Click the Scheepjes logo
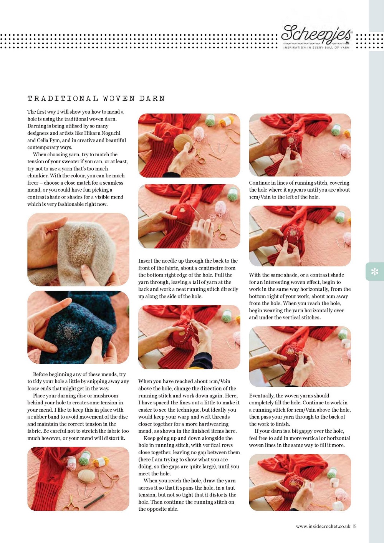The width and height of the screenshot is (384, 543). point(316,36)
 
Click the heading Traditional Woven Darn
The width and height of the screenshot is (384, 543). point(96,98)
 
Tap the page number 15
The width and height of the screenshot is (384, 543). point(354,526)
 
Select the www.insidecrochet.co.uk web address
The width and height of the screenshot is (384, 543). point(323,526)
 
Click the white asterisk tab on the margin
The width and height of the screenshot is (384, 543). point(374,271)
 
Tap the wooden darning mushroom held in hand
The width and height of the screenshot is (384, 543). point(183,143)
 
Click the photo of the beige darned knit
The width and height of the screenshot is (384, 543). point(78,250)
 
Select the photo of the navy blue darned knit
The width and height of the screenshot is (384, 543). point(78,327)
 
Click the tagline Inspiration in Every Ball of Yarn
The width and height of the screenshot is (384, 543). point(316,48)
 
